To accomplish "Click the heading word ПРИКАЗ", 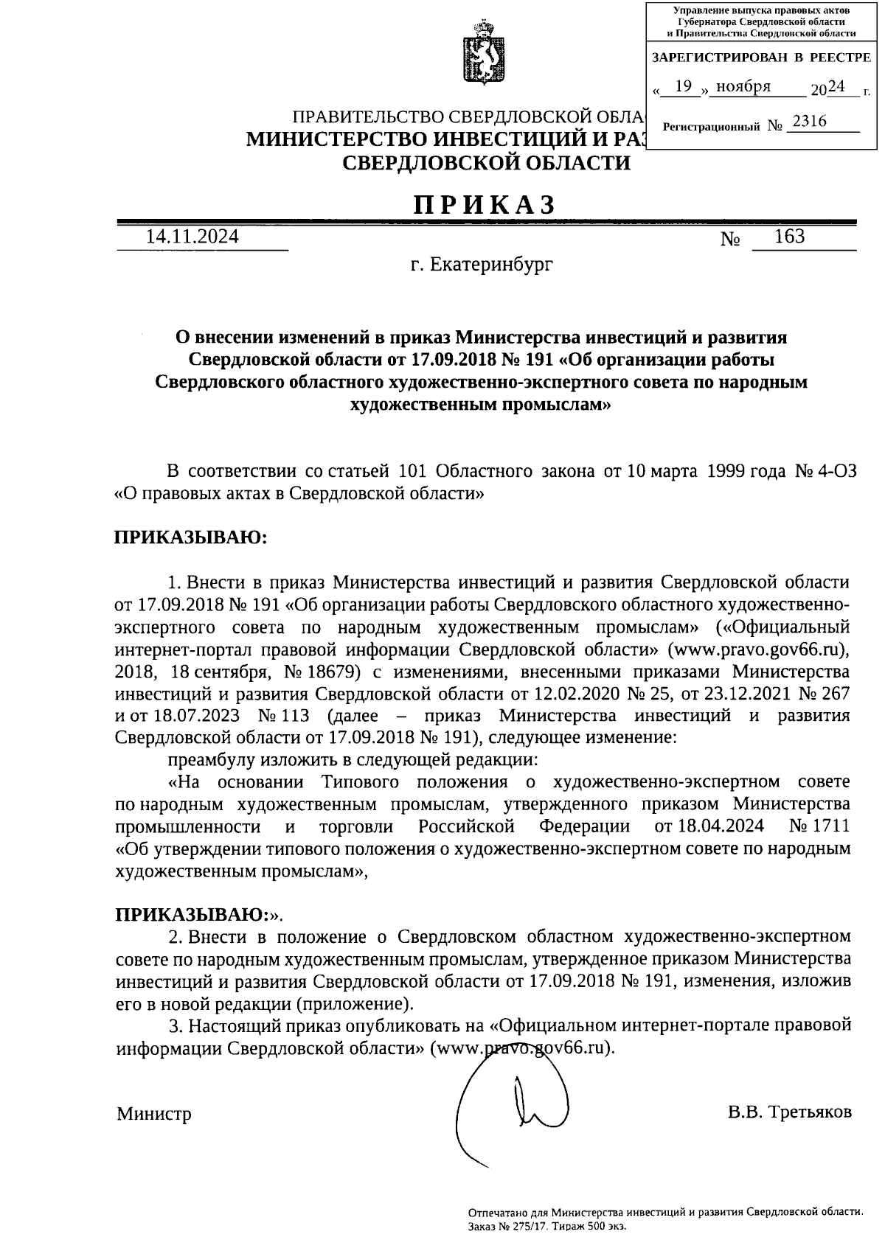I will tap(484, 205).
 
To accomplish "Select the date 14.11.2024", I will tap(192, 237).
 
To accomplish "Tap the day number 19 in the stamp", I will tap(684, 87).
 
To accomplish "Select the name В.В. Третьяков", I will tap(789, 1112).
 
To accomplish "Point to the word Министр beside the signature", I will tap(153, 1113).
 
